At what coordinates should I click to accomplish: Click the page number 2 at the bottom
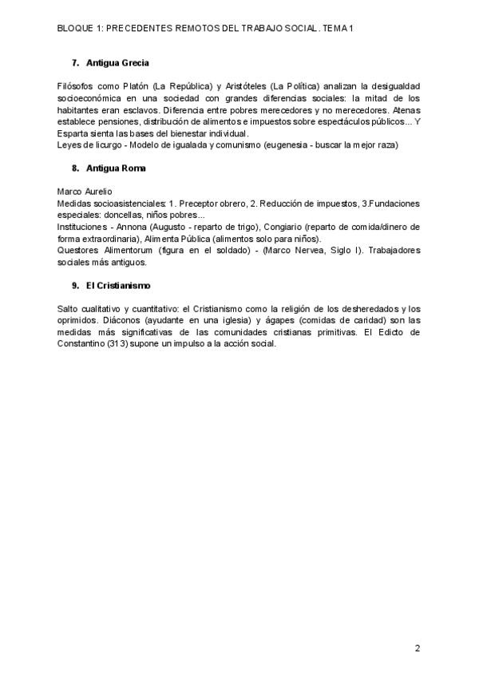(418, 647)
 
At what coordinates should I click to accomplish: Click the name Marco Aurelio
(85, 192)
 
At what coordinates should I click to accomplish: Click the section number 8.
(74, 168)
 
